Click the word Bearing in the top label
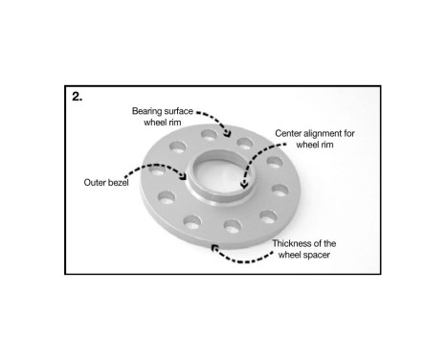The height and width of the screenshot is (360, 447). pyautogui.click(x=149, y=111)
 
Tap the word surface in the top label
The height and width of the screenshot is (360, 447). pyautogui.click(x=183, y=111)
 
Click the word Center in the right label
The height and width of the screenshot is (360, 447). pyautogui.click(x=289, y=134)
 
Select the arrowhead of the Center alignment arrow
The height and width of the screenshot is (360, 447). pyautogui.click(x=245, y=181)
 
